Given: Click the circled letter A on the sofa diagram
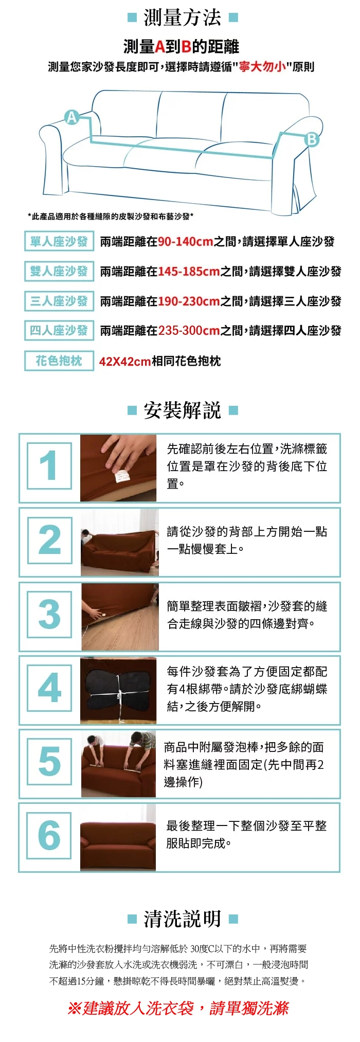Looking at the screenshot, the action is coord(72,117).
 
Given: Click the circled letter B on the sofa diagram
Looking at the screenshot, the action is coord(312,139).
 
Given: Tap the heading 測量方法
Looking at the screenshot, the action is coord(182,17).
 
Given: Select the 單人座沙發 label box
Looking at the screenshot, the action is coord(59,242).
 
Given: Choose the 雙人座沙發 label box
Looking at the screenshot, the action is coord(59,271).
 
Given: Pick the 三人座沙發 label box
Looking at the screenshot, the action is coord(59,301).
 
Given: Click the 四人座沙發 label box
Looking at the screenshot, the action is coord(59,330).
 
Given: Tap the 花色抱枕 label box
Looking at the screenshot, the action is coord(59,361).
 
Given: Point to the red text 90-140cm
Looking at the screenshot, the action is coord(186,242).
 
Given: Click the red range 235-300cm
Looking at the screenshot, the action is coord(189,331).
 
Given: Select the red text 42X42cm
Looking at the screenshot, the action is coord(125,362).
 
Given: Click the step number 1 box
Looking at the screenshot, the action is coord(49,466).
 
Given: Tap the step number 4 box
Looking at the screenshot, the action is coord(49,688).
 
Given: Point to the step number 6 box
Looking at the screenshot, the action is coord(49,835).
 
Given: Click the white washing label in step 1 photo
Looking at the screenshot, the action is coord(122,476).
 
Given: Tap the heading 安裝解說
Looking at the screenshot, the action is coord(182,410).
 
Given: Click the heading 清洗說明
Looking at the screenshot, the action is coord(182,919).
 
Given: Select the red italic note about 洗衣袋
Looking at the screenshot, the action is coord(178,1009).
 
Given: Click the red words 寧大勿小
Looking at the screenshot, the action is coord(262,67).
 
